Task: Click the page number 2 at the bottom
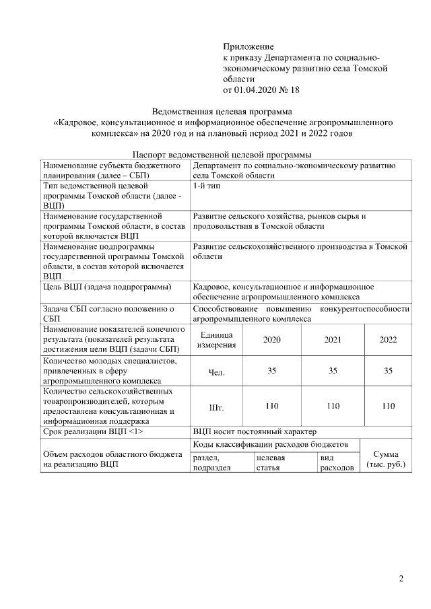[401, 578]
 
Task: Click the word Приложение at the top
[248, 46]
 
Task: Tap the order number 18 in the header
[294, 89]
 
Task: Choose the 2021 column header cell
[333, 340]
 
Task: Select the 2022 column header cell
[388, 340]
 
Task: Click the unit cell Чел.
[216, 371]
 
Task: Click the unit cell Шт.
[216, 406]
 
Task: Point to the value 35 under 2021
[333, 371]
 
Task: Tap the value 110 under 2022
[388, 406]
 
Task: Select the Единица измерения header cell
[216, 340]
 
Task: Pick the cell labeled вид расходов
[336, 463]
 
